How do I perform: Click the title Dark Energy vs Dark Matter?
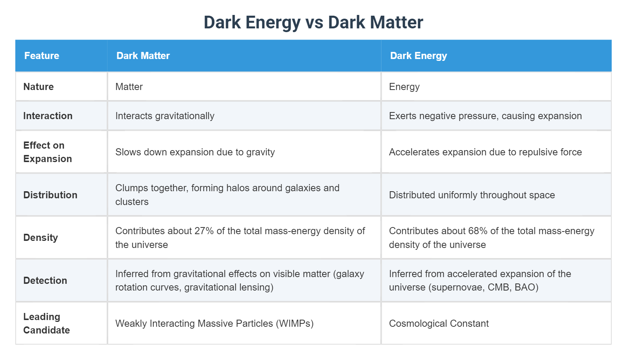click(313, 22)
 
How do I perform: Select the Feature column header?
click(42, 56)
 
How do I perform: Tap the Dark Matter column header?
click(143, 56)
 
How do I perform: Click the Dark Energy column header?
click(418, 56)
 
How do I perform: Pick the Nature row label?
click(38, 87)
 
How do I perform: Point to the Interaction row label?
click(48, 116)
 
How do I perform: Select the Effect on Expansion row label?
click(47, 152)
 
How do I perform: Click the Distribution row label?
click(50, 195)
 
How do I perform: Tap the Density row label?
click(41, 238)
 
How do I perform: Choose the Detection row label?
click(45, 280)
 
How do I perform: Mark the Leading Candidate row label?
click(46, 323)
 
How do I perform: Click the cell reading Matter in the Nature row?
click(129, 87)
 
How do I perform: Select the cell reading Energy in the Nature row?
click(404, 87)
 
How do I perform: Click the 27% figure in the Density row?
click(204, 231)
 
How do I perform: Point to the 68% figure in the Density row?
click(478, 231)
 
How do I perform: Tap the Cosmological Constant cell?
click(439, 323)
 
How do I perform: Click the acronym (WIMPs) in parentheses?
click(294, 323)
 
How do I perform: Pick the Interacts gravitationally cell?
click(165, 116)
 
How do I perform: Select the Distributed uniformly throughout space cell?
click(472, 195)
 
